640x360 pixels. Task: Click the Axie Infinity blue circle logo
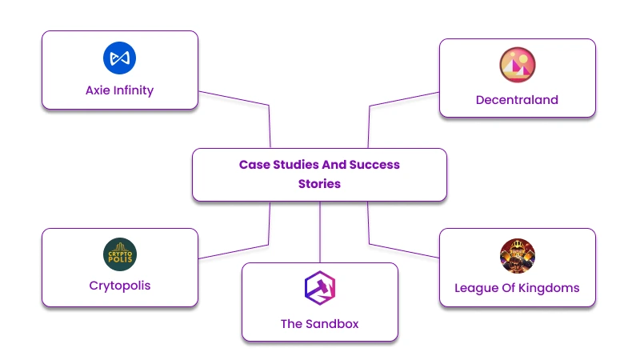click(x=119, y=58)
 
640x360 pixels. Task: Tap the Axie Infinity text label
click(x=119, y=90)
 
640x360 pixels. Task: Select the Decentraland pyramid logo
click(x=517, y=66)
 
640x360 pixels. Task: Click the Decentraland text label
click(x=517, y=100)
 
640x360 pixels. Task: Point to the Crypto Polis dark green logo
click(x=119, y=254)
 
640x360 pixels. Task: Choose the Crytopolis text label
click(x=119, y=286)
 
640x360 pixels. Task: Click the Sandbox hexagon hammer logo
click(x=319, y=289)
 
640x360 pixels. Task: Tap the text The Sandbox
click(x=319, y=324)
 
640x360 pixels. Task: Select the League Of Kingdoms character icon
click(x=517, y=255)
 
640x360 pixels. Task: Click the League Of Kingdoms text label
click(x=517, y=288)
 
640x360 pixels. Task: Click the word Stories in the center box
click(x=319, y=184)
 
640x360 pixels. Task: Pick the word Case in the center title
click(x=254, y=165)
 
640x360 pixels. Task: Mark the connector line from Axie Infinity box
click(x=234, y=98)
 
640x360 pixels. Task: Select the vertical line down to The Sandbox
click(x=319, y=232)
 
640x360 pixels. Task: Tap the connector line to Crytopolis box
click(x=234, y=250)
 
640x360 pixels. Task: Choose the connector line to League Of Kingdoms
click(x=404, y=250)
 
